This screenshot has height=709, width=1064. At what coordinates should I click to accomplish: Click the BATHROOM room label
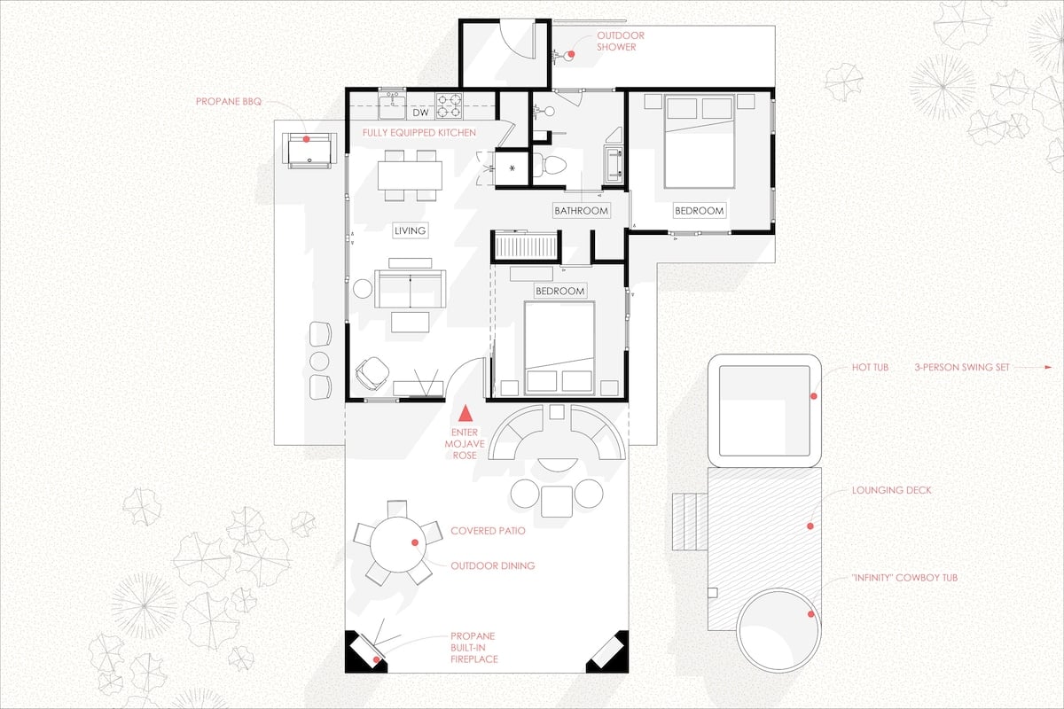click(x=581, y=210)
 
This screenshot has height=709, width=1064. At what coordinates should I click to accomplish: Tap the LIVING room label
click(x=410, y=230)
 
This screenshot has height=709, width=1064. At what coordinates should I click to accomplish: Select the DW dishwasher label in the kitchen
click(x=420, y=113)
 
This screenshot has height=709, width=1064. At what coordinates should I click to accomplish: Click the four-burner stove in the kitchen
click(x=450, y=105)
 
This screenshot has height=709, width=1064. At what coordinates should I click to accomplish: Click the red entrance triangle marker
click(x=465, y=413)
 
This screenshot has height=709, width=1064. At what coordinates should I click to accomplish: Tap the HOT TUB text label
click(x=870, y=367)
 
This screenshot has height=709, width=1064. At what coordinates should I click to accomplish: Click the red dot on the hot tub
click(x=814, y=395)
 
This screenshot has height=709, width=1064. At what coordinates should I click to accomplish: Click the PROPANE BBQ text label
click(x=229, y=101)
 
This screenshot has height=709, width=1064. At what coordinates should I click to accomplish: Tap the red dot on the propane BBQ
click(x=307, y=139)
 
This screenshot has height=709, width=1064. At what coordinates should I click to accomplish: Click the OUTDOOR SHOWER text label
click(x=621, y=42)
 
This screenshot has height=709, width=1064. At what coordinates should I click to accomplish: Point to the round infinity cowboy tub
click(x=779, y=630)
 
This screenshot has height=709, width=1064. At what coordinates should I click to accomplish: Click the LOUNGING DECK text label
click(x=892, y=490)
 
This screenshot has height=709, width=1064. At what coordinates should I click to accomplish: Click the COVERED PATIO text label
click(x=488, y=531)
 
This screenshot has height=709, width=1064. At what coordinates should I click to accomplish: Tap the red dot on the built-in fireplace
click(x=377, y=659)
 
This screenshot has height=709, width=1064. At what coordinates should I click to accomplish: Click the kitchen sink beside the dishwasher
click(x=392, y=105)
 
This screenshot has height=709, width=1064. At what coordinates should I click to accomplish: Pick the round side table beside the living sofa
click(x=363, y=289)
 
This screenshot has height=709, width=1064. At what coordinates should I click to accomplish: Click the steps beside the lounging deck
click(x=690, y=522)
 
